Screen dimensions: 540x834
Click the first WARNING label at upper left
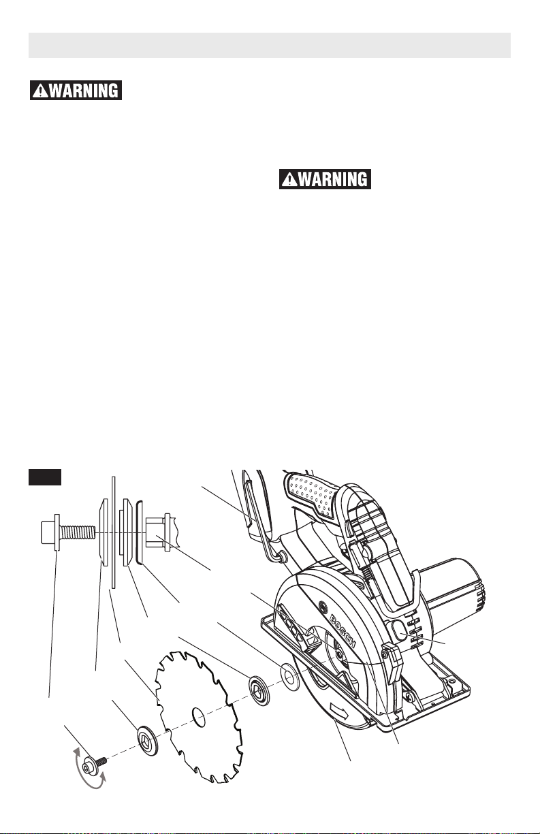pyautogui.click(x=75, y=91)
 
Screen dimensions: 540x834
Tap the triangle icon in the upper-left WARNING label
pyautogui.click(x=37, y=91)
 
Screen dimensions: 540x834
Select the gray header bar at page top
pyautogui.click(x=270, y=44)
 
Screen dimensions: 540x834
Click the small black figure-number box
pyautogui.click(x=45, y=477)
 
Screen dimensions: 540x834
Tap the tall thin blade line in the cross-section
pyautogui.click(x=112, y=531)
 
